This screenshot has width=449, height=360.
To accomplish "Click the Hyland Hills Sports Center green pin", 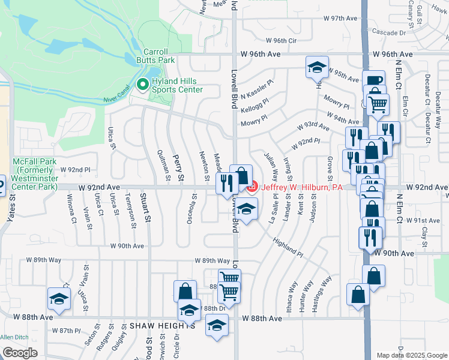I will tap(143, 85).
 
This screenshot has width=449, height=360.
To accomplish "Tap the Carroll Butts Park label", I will tap(159, 56).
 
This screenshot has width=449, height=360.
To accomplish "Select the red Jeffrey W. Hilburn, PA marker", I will tap(252, 187).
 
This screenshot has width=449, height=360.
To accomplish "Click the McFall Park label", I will tap(36, 170).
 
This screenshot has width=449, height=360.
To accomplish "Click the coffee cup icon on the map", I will tap(374, 82).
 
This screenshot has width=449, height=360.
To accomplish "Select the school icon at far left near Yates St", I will tap(59, 298).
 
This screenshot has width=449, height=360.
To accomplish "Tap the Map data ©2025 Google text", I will tap(411, 355).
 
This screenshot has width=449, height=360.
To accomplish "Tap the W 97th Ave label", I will tap(340, 18).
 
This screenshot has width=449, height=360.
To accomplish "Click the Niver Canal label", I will tap(118, 99).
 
